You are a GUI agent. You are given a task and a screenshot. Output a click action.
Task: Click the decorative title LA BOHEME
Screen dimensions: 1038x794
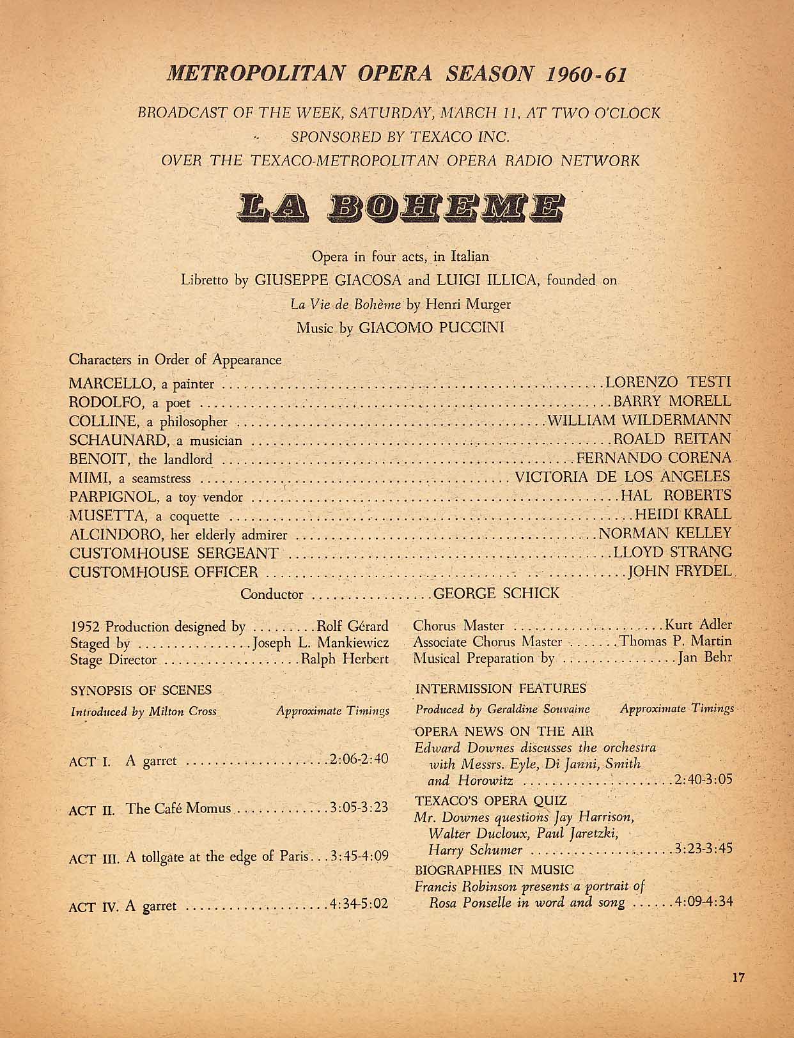(x=396, y=208)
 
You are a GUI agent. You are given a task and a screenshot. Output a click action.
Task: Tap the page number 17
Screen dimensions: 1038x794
(x=739, y=977)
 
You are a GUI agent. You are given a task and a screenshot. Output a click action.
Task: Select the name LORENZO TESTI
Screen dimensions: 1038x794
(x=667, y=383)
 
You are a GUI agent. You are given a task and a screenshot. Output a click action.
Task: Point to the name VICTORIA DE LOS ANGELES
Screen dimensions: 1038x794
(x=623, y=477)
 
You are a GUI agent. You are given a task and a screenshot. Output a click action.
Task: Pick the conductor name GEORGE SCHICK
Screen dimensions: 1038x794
(x=496, y=593)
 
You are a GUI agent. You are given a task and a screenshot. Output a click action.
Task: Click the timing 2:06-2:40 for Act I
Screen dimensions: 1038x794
(x=359, y=759)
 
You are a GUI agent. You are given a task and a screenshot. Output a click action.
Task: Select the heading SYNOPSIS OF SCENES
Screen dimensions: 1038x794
(x=141, y=690)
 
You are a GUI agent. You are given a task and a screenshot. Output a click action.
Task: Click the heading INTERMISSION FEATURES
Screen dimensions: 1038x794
(x=501, y=688)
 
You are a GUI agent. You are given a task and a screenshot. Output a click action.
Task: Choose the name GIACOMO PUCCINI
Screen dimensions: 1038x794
(x=432, y=328)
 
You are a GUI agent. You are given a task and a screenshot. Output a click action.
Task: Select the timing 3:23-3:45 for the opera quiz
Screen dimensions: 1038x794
(x=703, y=849)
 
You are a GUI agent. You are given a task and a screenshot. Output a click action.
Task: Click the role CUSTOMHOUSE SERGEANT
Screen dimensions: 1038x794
(x=173, y=553)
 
